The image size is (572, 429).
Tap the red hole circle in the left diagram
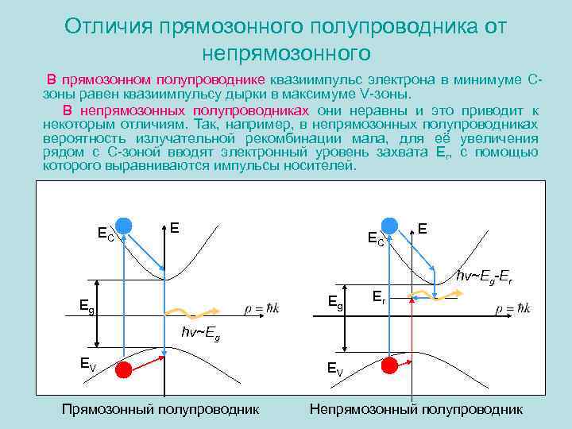click(x=125, y=370)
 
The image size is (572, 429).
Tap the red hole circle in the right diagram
click(x=389, y=365)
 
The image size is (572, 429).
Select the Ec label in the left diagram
click(x=106, y=234)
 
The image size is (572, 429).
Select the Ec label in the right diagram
click(x=376, y=238)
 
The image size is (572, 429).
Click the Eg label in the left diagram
click(x=87, y=304)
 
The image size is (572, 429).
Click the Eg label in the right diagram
click(x=337, y=302)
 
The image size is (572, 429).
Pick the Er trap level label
click(x=380, y=298)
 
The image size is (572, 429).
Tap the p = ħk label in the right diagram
click(x=513, y=307)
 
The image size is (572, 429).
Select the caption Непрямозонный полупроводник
click(x=416, y=409)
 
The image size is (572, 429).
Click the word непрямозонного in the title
click(x=287, y=53)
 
